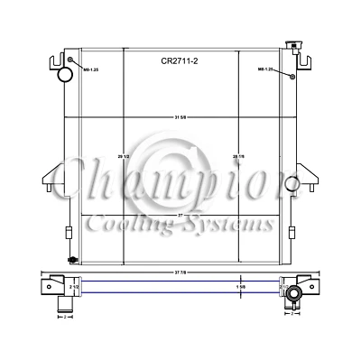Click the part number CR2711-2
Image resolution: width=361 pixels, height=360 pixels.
[180, 61]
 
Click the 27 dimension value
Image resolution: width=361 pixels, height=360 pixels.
[180, 215]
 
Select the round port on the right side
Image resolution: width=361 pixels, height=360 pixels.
[291, 183]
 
